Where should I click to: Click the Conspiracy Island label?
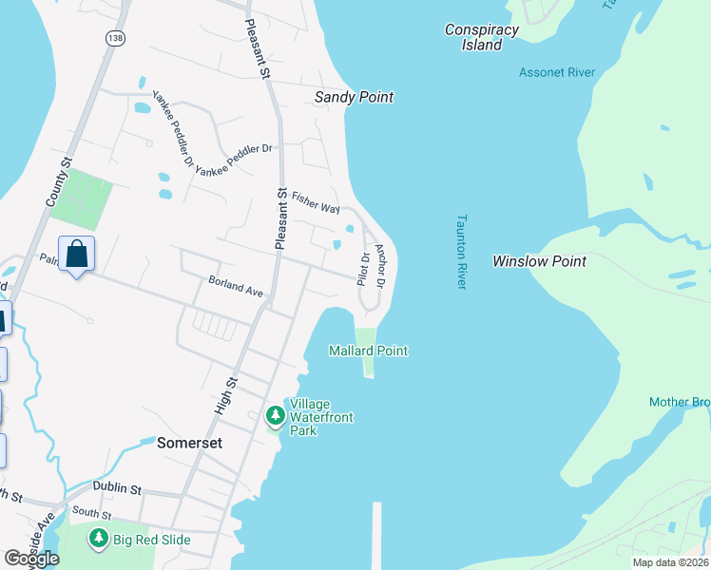pyautogui.click(x=482, y=37)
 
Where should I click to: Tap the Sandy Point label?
pyautogui.click(x=354, y=97)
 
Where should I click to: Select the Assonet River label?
pyautogui.click(x=556, y=72)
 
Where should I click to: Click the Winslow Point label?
pyautogui.click(x=539, y=260)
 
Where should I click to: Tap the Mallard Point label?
pyautogui.click(x=368, y=351)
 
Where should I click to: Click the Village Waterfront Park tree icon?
pyautogui.click(x=275, y=415)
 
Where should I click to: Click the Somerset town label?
pyautogui.click(x=189, y=443)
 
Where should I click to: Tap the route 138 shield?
pyautogui.click(x=115, y=37)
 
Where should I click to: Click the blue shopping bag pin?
pyautogui.click(x=76, y=255)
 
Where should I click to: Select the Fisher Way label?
pyautogui.click(x=316, y=201)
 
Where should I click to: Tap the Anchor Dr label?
pyautogui.click(x=380, y=266)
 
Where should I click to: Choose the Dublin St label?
pyautogui.click(x=117, y=488)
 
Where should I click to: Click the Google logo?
pyautogui.click(x=32, y=559)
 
